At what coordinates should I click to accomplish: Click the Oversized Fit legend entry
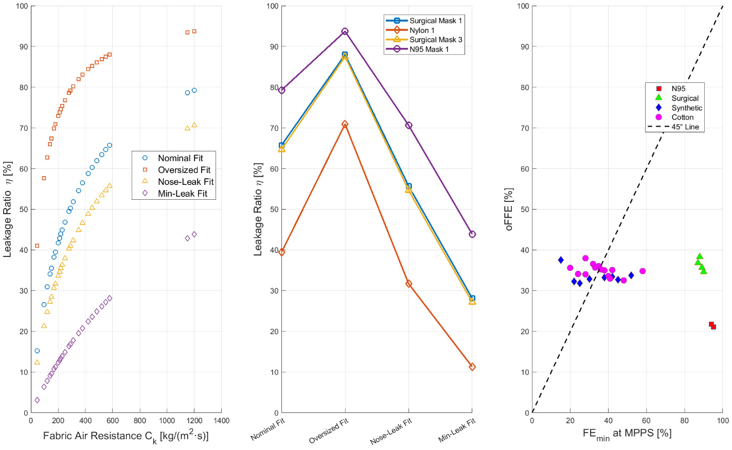coord(184,170)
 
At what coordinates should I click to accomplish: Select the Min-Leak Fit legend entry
coord(182,194)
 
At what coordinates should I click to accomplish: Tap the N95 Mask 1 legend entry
coord(429,49)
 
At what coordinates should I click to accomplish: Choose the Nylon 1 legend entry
coord(421,30)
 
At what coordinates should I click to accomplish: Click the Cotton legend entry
coord(682,117)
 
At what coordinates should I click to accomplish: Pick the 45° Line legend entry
coord(685,127)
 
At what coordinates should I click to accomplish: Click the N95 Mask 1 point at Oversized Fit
coord(345,31)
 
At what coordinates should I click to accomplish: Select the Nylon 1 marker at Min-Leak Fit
coord(472,367)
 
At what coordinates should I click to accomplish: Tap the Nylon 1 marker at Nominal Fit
coord(281,252)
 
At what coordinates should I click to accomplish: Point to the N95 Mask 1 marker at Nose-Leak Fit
coord(408,125)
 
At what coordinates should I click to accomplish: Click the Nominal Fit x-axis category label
coord(267,429)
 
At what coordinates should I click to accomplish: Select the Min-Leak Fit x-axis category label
coord(456,430)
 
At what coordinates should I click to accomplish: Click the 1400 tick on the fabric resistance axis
coord(221,421)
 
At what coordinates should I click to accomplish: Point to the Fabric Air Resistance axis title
coord(126,436)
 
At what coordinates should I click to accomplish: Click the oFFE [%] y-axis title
coord(509,209)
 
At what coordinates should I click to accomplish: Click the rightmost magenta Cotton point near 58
coord(642,271)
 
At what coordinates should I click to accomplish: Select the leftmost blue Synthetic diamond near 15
coord(561,260)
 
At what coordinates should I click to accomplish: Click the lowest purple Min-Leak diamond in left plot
coord(37,400)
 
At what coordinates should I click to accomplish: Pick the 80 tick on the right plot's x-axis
coord(684,421)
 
